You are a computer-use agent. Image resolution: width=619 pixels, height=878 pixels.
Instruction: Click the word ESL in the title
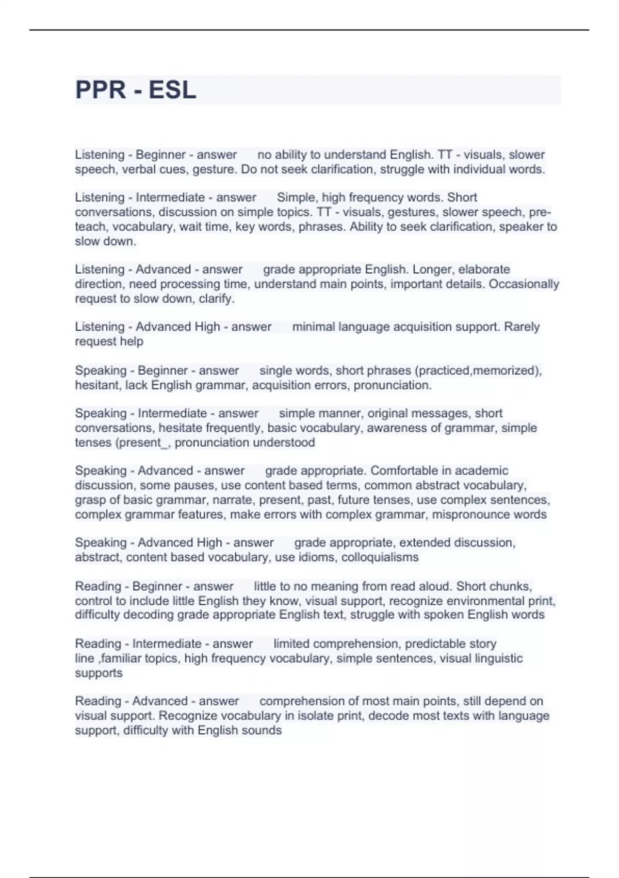coord(172,90)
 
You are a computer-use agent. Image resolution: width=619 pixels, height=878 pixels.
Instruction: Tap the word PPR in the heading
coord(101,90)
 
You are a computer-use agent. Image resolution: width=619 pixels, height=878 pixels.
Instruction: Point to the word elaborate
coord(484,269)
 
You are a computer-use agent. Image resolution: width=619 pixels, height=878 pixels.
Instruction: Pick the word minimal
coord(314,327)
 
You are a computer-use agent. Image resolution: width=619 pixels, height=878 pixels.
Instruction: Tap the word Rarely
coord(522,327)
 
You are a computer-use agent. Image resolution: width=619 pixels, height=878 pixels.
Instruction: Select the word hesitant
coord(97,385)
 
